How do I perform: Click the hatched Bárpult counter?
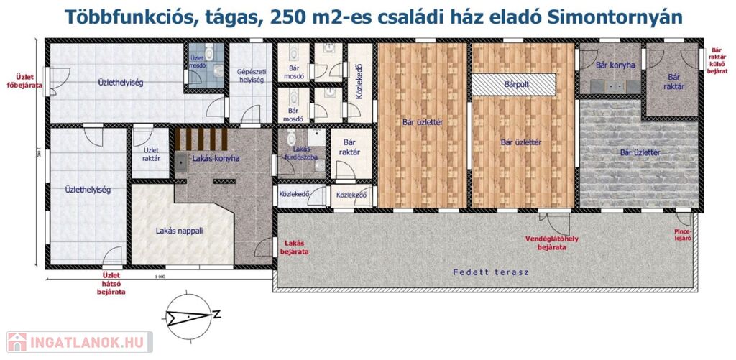[x=513, y=85]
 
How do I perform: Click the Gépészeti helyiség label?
[x=251, y=75]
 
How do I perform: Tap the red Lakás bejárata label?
[x=294, y=247]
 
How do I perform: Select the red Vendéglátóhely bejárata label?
[x=551, y=243]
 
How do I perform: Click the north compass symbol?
[x=190, y=316]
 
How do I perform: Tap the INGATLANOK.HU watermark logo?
[x=79, y=342]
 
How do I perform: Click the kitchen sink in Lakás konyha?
[x=181, y=162]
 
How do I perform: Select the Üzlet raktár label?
[x=150, y=154]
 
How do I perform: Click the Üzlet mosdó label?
[x=198, y=62]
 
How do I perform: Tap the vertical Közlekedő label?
[x=360, y=83]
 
